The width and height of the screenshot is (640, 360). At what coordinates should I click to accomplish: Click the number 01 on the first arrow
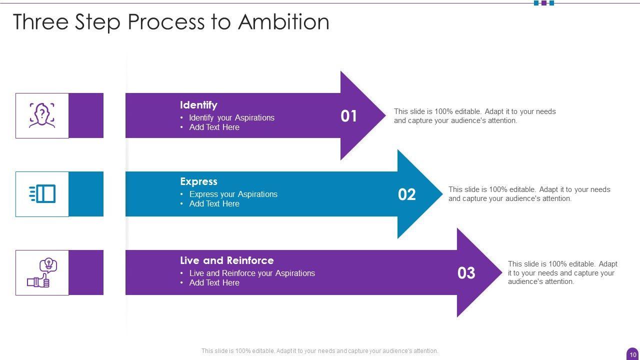(349, 116)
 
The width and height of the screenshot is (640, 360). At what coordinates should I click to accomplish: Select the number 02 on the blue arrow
(406, 194)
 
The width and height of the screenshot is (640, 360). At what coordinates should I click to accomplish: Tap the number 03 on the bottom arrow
(466, 273)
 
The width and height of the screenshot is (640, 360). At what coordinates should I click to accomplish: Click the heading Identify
(198, 105)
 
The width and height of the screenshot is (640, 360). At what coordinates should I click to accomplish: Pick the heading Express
(198, 181)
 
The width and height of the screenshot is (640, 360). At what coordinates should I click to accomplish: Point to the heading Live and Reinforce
(226, 260)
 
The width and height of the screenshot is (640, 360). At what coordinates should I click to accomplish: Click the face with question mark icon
(42, 115)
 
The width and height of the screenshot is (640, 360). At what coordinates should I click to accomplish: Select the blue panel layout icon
(42, 193)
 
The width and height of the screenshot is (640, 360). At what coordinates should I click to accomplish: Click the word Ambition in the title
(283, 22)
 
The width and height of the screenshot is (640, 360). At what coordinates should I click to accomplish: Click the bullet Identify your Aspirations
(231, 117)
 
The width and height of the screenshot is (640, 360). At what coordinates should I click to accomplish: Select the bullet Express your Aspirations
(233, 194)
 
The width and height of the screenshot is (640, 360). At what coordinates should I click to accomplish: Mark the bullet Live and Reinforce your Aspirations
(252, 273)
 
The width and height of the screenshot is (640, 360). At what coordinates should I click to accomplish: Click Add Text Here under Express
(214, 203)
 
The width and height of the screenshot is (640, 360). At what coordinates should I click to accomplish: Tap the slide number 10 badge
(633, 354)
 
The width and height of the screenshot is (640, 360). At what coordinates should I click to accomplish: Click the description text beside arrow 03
(562, 272)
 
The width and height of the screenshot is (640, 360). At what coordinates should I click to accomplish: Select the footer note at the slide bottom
(319, 351)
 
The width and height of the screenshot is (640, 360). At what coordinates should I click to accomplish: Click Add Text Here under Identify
(214, 127)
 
